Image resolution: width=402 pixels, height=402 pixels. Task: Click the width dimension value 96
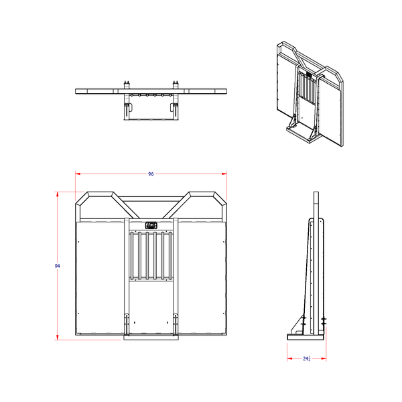pos(151,174)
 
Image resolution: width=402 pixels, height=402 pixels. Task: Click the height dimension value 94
pos(58,266)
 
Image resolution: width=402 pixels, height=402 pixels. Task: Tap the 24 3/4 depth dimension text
pos(307,359)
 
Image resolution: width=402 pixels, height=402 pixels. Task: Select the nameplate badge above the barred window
pos(151,226)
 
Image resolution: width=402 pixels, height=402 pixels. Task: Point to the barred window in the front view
pos(151,255)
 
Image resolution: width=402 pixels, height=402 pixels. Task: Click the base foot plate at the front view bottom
pos(151,338)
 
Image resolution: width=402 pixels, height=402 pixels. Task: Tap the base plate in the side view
pos(307,334)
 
